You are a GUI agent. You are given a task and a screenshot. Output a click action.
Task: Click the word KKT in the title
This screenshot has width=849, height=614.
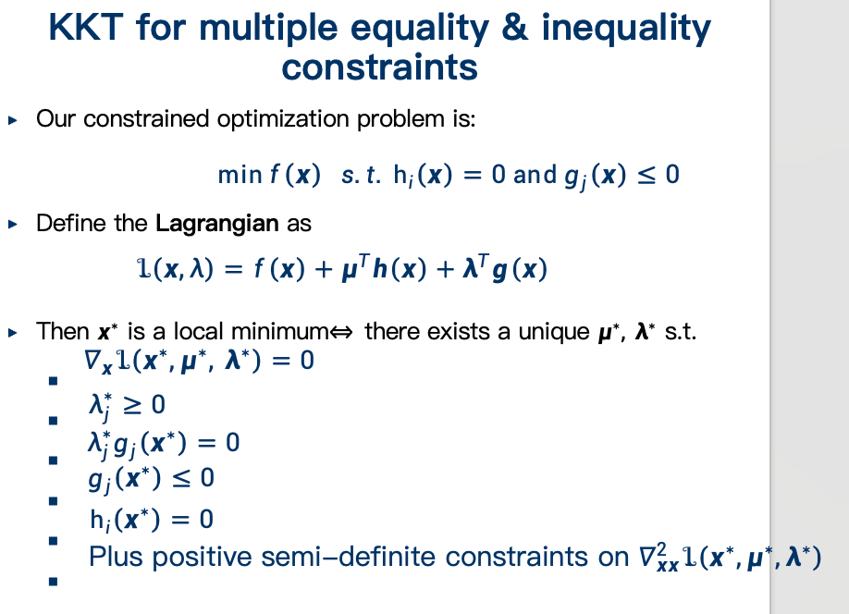click(86, 27)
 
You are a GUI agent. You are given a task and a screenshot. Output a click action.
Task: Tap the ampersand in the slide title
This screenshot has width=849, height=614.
click(514, 27)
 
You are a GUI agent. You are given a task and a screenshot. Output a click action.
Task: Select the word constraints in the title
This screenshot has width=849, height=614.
click(379, 68)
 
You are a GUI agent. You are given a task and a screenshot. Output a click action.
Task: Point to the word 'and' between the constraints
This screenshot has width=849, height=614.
click(535, 175)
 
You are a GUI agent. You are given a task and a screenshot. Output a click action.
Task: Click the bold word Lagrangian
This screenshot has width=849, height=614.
click(217, 224)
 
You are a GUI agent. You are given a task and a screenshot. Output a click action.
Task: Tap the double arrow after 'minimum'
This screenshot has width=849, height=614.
click(341, 332)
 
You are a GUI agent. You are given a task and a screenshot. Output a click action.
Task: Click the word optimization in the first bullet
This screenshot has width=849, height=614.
click(283, 119)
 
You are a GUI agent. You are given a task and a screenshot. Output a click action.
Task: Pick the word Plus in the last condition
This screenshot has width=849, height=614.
click(117, 557)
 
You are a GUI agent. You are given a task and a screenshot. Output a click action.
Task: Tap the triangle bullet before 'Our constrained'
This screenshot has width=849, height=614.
click(13, 119)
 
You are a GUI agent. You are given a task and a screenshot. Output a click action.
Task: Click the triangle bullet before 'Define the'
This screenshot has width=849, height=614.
click(13, 224)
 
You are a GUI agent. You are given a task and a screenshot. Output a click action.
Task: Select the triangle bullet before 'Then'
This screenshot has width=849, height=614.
click(13, 333)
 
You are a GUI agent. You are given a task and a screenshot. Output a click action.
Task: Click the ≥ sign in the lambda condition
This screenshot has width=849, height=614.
click(132, 405)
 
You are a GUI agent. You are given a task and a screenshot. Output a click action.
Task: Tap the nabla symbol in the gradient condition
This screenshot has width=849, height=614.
click(92, 360)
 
